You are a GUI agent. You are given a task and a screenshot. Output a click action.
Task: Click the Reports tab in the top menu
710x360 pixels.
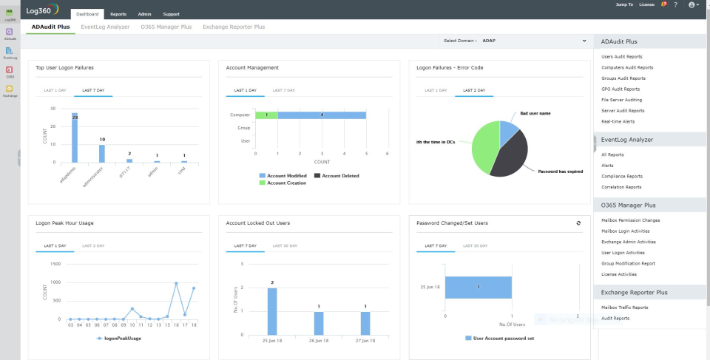coord(118,14)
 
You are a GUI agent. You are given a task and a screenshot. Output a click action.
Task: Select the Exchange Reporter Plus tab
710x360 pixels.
coord(234,27)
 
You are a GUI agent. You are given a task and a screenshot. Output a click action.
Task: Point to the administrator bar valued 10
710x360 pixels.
coord(102,153)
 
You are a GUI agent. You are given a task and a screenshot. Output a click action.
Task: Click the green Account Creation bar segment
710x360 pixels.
coord(266,115)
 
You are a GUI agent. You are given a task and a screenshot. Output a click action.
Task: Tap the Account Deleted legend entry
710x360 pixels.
coord(336,176)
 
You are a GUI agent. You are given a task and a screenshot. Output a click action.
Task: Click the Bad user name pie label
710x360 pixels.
coord(535,113)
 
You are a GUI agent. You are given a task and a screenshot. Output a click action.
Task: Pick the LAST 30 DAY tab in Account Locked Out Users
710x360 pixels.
coord(285,245)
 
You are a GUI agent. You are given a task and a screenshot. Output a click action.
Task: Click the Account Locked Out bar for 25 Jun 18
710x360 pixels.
coord(272,310)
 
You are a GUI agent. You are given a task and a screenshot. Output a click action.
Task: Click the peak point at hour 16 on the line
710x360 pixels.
coord(176,283)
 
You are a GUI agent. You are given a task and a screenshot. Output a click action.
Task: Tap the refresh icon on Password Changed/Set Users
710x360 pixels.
coord(578,223)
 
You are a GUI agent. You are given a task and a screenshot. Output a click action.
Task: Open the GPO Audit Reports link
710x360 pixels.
coord(621,89)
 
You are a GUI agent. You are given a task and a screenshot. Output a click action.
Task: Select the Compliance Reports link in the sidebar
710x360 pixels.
coord(622,176)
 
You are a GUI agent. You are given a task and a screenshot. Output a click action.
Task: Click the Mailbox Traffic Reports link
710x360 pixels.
coord(624,307)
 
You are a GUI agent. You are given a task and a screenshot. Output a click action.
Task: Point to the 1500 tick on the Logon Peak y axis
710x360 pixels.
coord(56,264)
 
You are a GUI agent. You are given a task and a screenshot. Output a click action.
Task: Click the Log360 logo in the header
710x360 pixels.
coord(42,11)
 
